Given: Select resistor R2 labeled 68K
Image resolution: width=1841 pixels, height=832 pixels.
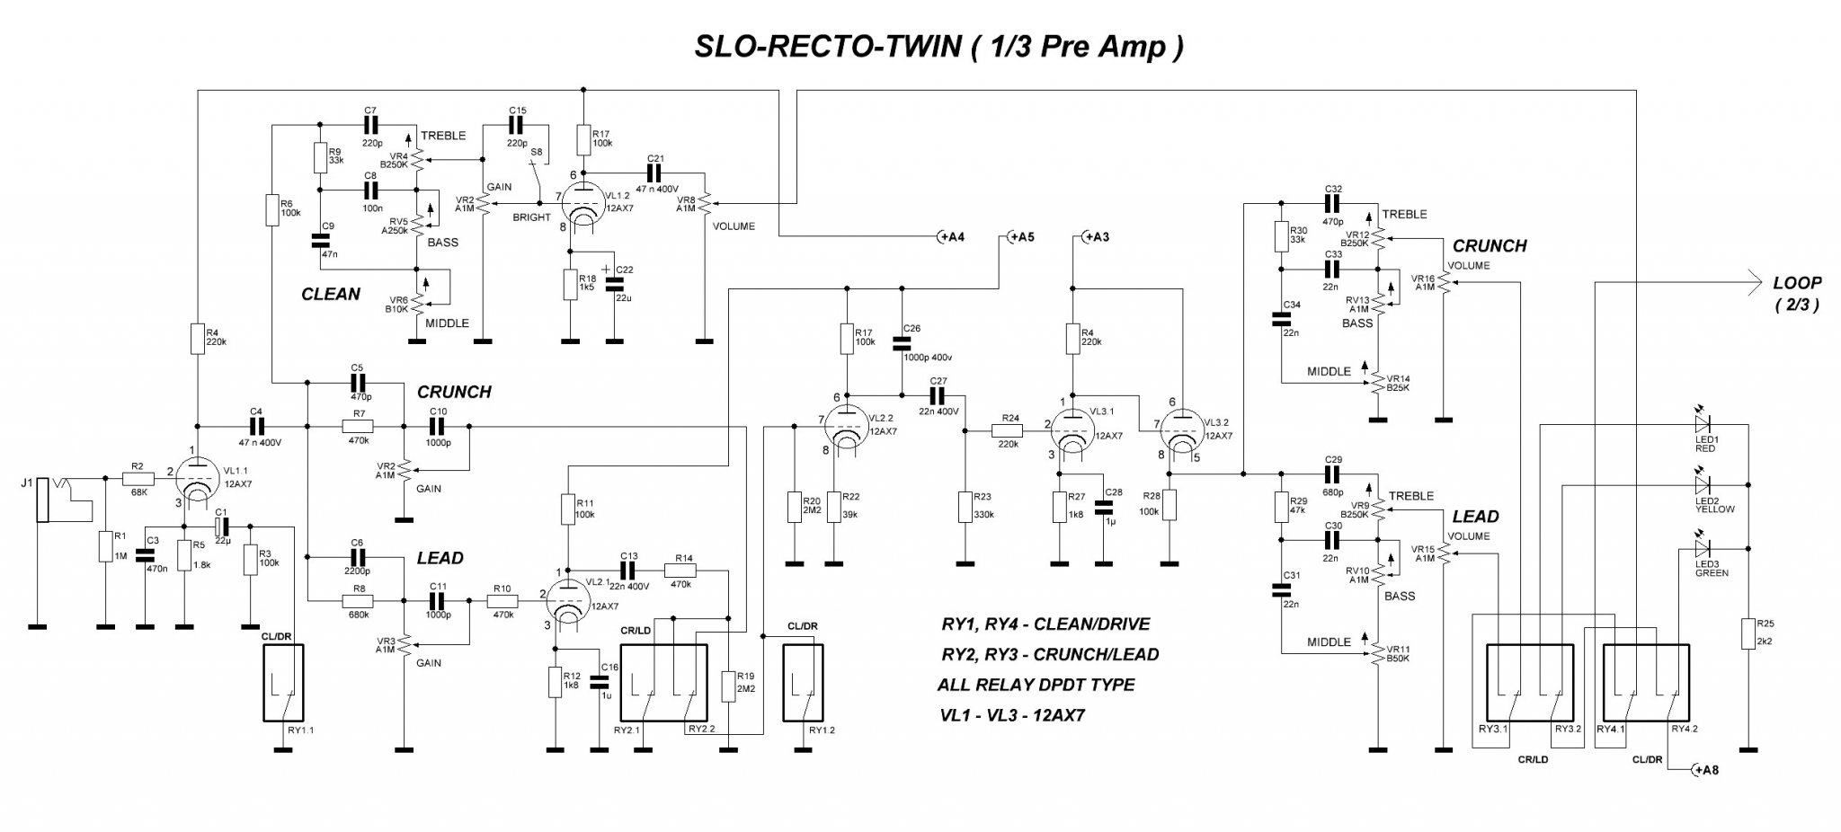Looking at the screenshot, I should (138, 481).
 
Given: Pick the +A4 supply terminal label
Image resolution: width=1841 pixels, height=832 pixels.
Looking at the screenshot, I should (950, 237).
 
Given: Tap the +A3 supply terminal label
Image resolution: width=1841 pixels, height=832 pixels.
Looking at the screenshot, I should (1094, 237).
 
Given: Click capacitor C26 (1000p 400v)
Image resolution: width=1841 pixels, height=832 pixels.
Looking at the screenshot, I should (900, 343).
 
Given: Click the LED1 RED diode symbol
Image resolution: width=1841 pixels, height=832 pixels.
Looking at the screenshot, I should (1702, 422).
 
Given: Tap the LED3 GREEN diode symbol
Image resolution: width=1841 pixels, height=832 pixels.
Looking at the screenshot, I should (1702, 549).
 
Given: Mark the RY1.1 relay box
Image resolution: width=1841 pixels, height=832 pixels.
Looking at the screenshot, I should (283, 683).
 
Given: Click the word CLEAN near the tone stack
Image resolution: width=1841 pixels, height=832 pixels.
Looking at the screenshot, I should (331, 294).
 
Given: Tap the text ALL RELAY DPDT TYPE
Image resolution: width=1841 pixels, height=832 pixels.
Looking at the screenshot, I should (1036, 685).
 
